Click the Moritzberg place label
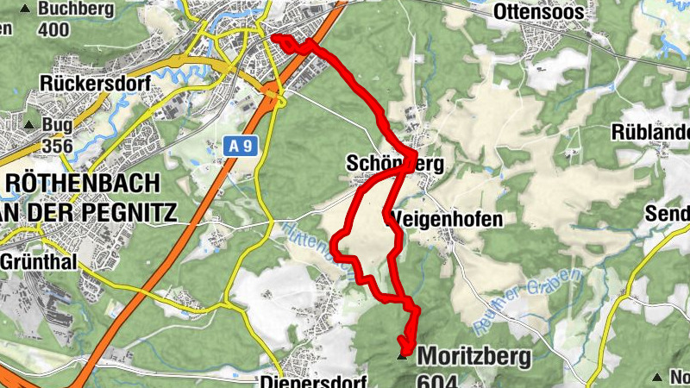[x=474, y=355]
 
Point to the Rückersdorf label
[x=95, y=84]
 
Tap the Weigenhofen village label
[x=446, y=219]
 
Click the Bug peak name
[x=57, y=125]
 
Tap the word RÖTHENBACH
[x=82, y=184]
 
